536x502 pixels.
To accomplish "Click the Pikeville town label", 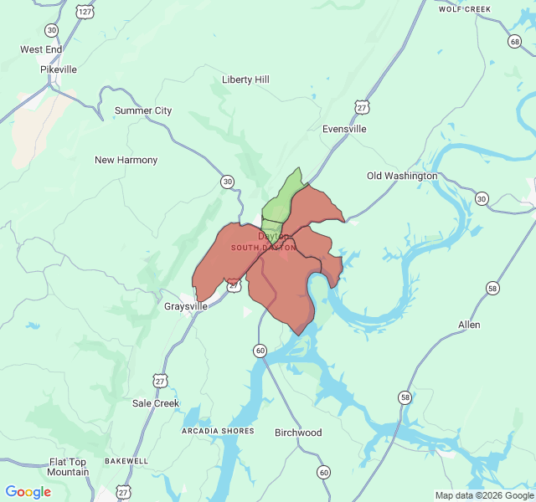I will [59, 69].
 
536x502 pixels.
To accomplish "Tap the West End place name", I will [42, 49].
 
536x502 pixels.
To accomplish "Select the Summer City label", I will [143, 110].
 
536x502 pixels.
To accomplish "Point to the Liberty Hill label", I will [245, 79].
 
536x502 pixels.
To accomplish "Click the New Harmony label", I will [126, 160].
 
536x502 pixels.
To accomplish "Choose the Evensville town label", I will [344, 129].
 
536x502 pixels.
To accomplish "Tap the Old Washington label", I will [402, 176].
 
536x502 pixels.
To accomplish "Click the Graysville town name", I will [185, 306].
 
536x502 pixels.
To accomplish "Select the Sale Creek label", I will [156, 403].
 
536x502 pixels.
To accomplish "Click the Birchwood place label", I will [298, 433].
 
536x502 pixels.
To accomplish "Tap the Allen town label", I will [469, 325].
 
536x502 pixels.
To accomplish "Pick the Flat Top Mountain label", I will [68, 467].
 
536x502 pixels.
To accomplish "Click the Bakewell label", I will [126, 461].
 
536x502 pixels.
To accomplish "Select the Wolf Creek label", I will [464, 9].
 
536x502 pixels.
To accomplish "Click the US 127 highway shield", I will [85, 12].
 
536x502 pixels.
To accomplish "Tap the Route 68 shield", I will [514, 42].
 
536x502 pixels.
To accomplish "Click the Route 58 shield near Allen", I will [492, 289].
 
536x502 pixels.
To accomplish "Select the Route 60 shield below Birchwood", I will [323, 473].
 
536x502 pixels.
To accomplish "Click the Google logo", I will [28, 492].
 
